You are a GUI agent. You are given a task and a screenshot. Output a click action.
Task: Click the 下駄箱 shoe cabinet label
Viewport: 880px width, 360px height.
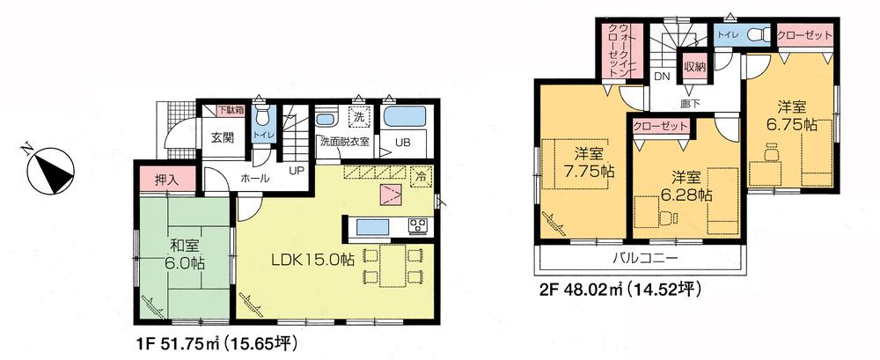point(232,110)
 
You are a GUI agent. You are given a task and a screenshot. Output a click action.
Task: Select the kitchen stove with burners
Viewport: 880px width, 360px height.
point(415,227)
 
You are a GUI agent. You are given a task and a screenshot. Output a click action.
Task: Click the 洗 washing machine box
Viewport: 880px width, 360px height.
point(358,118)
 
